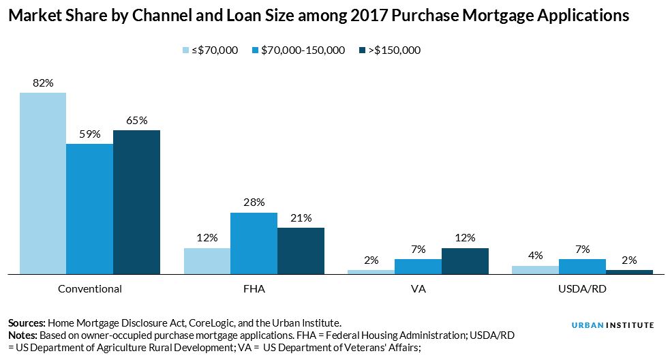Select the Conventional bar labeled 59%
click(89, 209)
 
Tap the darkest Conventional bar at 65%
click(136, 202)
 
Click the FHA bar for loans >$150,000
click(301, 251)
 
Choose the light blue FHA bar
click(207, 261)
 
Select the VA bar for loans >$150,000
click(465, 261)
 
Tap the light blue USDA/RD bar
click(535, 270)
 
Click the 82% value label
click(42, 83)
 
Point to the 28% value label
click(254, 202)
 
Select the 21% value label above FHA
click(301, 217)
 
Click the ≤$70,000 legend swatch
click(186, 50)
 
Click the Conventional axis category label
click(89, 288)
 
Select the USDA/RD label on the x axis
click(582, 288)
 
